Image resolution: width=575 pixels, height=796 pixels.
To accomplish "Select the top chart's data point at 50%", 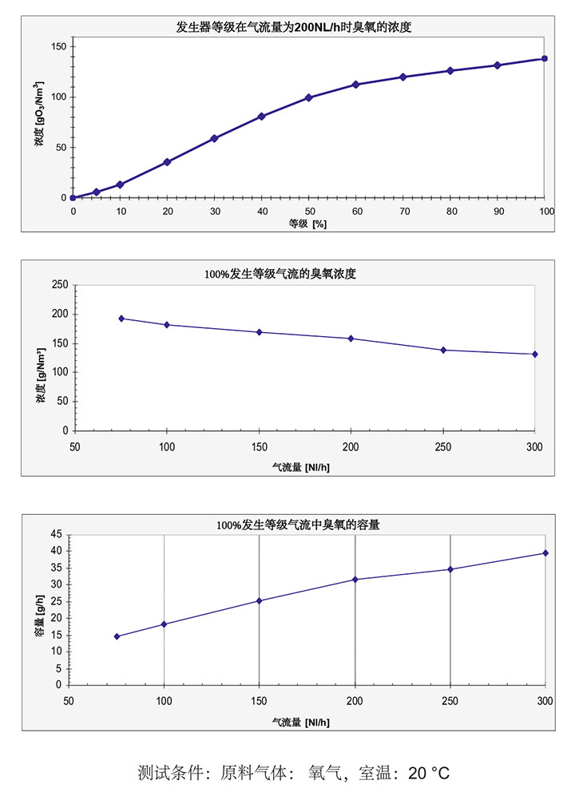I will tap(308, 97).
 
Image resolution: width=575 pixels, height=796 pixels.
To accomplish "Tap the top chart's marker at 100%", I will tap(545, 58).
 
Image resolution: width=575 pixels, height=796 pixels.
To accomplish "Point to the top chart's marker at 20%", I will tap(167, 162).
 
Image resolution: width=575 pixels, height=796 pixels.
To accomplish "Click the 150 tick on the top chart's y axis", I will tap(57, 46).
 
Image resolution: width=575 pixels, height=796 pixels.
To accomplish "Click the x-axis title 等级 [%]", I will tap(307, 224).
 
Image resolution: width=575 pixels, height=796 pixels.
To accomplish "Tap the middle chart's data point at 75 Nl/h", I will tap(121, 319).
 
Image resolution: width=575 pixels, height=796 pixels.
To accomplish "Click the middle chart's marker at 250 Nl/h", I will tap(443, 350).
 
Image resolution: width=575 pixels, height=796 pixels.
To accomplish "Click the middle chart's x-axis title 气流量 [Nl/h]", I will tap(300, 467).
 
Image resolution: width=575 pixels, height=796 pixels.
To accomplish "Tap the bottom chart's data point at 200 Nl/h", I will tap(355, 579).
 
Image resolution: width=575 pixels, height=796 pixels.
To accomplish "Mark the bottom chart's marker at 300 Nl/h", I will tap(545, 553).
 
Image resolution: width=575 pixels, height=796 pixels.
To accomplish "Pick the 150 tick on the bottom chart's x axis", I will tap(259, 700).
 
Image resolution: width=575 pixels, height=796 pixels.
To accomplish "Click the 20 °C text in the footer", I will tap(429, 773).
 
